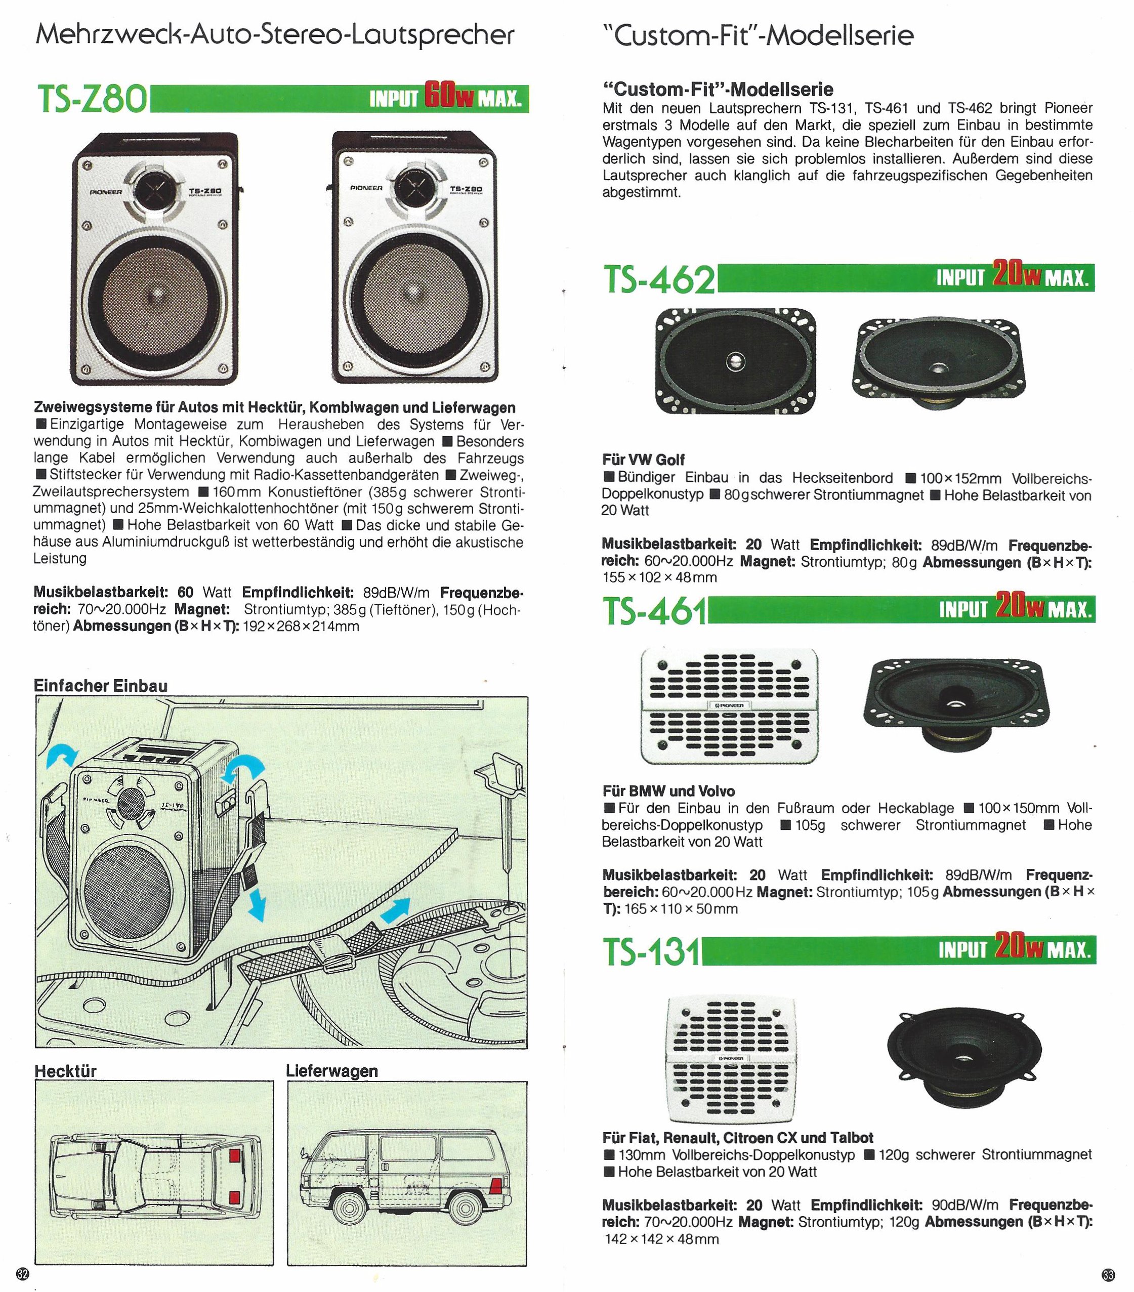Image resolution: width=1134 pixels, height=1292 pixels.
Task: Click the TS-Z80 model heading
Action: click(92, 100)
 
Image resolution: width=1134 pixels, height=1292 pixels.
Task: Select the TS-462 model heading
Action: click(659, 279)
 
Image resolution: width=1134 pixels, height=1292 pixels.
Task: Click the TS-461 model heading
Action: click(655, 611)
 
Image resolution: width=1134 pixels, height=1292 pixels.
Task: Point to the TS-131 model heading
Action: click(652, 952)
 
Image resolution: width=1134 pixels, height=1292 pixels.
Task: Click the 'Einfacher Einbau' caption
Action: click(101, 686)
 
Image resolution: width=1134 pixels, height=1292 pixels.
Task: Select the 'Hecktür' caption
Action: click(65, 1071)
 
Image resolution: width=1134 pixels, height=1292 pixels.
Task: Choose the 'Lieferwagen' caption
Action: click(332, 1071)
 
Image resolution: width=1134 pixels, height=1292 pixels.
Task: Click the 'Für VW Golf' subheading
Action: click(644, 460)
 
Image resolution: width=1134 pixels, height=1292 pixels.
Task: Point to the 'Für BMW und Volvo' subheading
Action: click(669, 791)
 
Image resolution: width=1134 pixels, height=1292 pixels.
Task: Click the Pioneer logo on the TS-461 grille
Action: click(730, 705)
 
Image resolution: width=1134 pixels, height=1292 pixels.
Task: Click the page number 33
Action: click(1108, 1274)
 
